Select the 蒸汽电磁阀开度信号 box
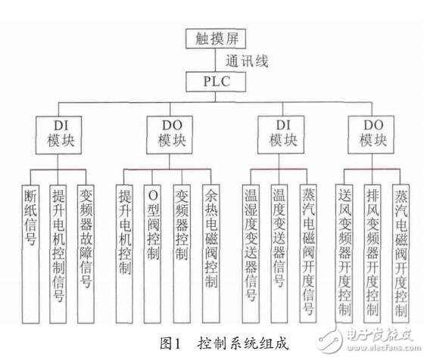[307, 250]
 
